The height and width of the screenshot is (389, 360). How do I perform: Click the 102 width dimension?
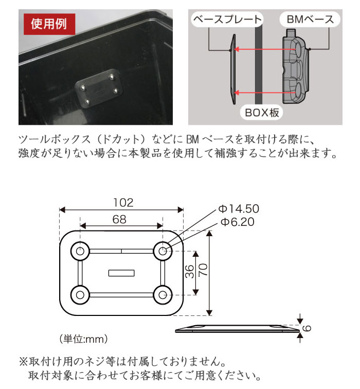point(121,203)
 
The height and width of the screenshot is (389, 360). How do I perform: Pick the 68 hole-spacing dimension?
point(119,219)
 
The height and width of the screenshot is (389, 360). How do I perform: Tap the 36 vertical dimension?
point(189,272)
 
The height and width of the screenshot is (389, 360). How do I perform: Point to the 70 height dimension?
point(203,272)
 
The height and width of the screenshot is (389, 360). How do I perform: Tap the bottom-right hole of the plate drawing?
point(163,295)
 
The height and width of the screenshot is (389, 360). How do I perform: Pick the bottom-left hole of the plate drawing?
point(80,295)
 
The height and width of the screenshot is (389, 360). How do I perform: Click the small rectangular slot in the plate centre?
point(121,273)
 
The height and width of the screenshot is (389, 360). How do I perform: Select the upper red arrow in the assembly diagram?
point(259,49)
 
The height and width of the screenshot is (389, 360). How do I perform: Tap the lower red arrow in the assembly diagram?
point(259,93)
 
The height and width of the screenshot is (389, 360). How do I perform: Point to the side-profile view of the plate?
point(237,328)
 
